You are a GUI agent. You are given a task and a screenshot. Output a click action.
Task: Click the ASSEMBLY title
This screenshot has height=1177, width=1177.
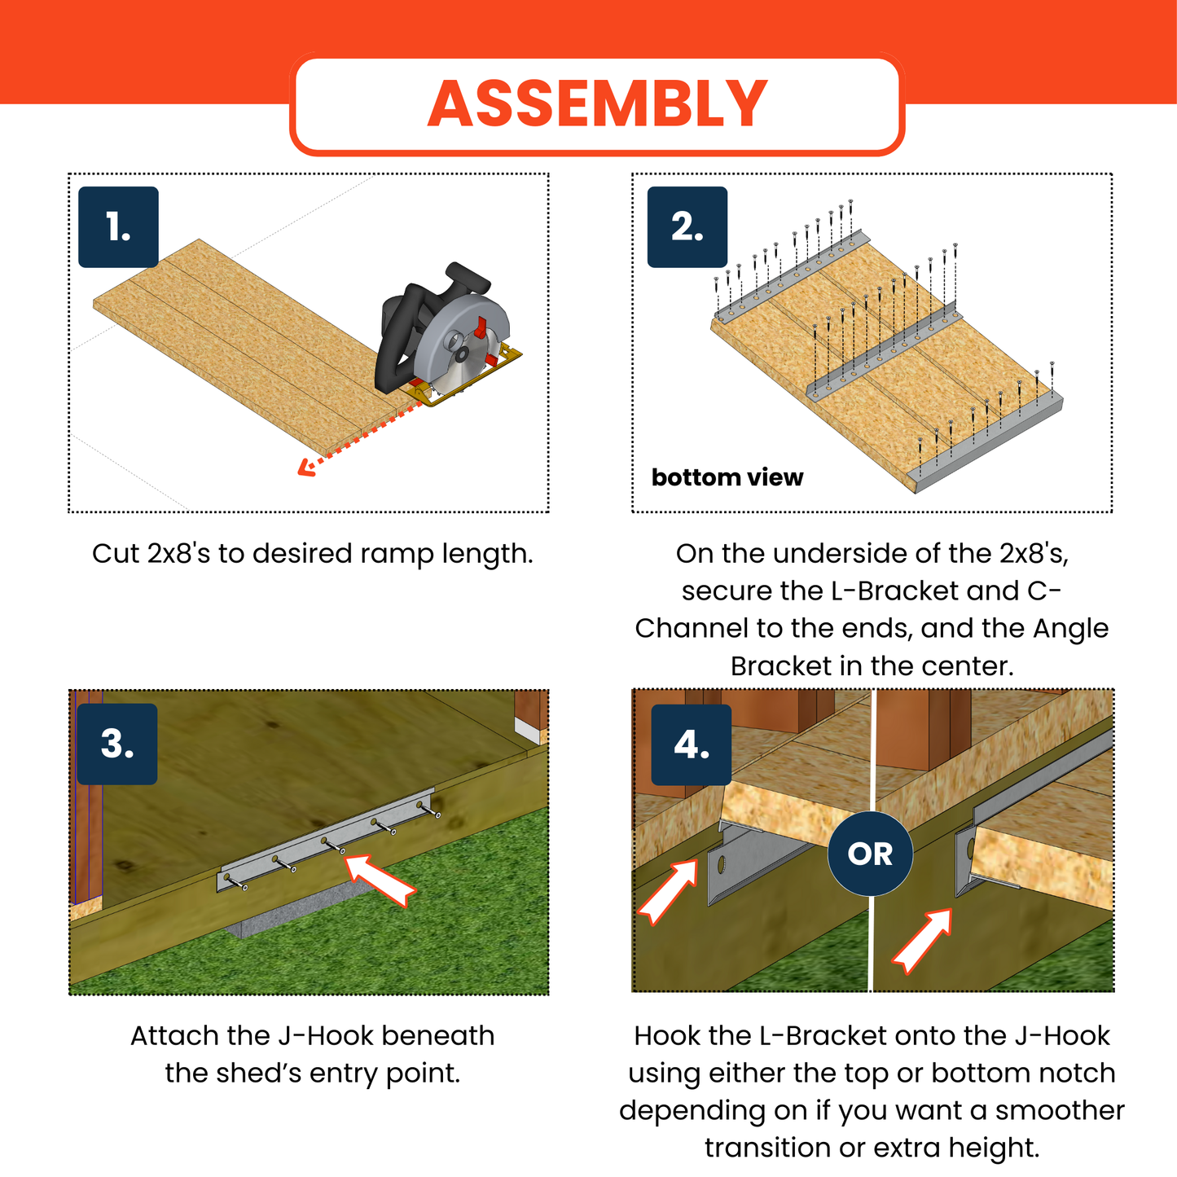(x=597, y=103)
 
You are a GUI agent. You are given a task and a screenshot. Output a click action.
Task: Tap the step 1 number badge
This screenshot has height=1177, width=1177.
(x=118, y=227)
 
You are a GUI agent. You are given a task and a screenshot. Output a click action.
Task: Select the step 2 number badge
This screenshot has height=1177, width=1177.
(x=687, y=227)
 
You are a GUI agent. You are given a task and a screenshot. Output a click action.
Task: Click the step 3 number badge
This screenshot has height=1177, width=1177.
(x=117, y=744)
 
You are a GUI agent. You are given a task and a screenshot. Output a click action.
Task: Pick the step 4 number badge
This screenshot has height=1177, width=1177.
(x=691, y=744)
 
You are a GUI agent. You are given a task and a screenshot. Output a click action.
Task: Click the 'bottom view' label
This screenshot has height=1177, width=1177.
(x=727, y=477)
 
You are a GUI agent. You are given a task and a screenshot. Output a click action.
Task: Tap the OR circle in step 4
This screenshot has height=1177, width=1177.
(x=870, y=854)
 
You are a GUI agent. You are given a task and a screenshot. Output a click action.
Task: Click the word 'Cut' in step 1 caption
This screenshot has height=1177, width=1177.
(x=116, y=554)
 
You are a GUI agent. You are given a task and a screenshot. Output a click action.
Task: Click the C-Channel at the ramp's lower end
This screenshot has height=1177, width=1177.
(x=990, y=444)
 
